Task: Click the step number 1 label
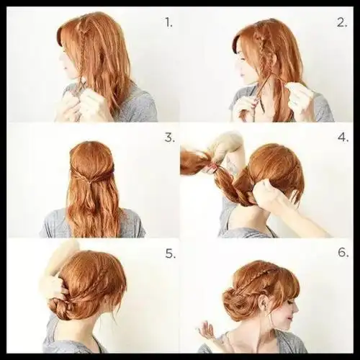click(x=168, y=23)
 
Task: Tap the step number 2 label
click(x=342, y=23)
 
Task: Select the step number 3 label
click(x=170, y=138)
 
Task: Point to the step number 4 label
click(x=343, y=138)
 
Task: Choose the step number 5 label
click(x=170, y=253)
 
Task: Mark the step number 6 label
click(x=343, y=253)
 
